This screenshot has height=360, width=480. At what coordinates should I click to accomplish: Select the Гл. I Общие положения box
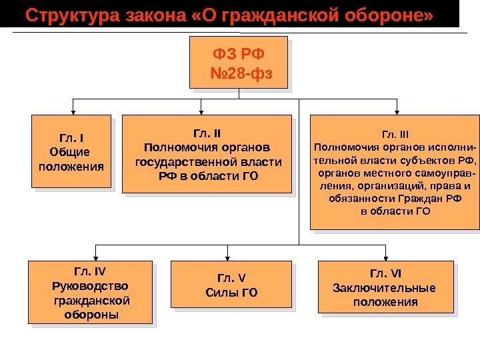(x=71, y=151)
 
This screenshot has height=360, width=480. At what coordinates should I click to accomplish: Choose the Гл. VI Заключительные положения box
(x=385, y=287)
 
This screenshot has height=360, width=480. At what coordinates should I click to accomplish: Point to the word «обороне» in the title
(x=398, y=15)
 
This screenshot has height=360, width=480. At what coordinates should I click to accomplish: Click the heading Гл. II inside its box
(x=208, y=132)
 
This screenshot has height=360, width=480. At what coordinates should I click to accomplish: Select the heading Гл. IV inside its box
(x=90, y=271)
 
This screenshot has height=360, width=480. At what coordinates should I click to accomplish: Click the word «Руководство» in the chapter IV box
(x=90, y=285)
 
